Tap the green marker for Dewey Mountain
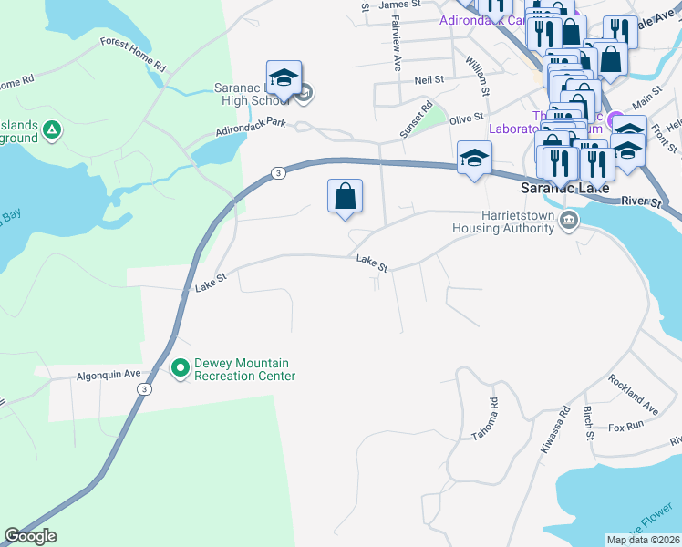(x=181, y=368)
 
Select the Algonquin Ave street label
(x=108, y=375)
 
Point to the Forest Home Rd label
(x=133, y=55)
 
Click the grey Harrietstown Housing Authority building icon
(x=569, y=220)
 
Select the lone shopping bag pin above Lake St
(x=346, y=197)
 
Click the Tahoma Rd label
(x=484, y=419)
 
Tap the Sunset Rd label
(x=415, y=121)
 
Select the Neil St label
(x=428, y=80)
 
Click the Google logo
(x=30, y=536)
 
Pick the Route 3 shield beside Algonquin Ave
(x=144, y=389)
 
